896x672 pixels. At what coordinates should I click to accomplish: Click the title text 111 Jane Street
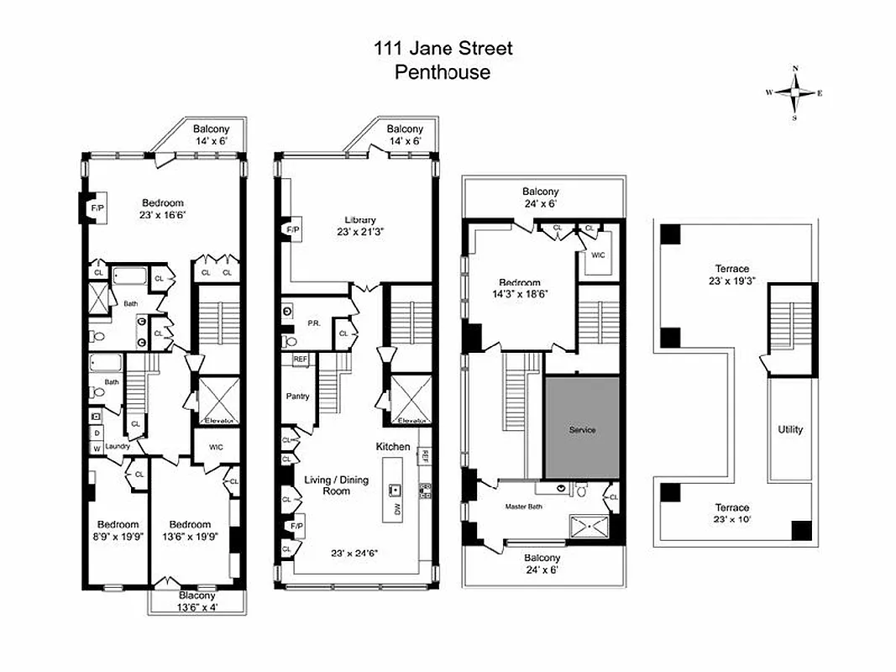click(x=443, y=49)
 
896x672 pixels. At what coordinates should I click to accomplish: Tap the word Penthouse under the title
click(x=443, y=72)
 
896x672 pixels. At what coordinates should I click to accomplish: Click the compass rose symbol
click(x=794, y=92)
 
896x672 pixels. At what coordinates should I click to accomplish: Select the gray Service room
click(x=582, y=429)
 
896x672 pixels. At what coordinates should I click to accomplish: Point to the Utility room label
click(x=790, y=429)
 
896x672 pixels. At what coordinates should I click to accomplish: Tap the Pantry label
click(x=297, y=396)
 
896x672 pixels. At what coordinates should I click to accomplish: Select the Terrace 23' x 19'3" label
click(x=727, y=275)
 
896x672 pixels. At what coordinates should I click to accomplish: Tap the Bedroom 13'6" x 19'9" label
click(x=190, y=530)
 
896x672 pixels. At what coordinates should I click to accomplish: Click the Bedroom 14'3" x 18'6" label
click(x=520, y=288)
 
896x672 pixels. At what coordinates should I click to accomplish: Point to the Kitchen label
click(x=392, y=447)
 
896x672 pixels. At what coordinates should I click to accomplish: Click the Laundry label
click(x=118, y=446)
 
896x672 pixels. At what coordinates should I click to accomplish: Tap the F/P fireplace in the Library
click(x=293, y=229)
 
